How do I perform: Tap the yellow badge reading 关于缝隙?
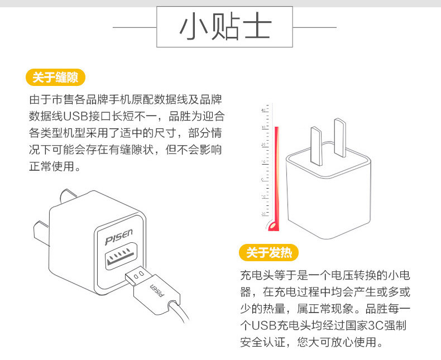[55, 77]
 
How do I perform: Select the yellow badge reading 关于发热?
[269, 253]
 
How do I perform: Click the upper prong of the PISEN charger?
[69, 196]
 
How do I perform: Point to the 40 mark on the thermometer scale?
[264, 111]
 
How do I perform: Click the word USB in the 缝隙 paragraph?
[76, 117]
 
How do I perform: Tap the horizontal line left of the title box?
[134, 27]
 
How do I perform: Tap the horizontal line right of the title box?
[315, 27]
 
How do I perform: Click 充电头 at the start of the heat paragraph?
[257, 276]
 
